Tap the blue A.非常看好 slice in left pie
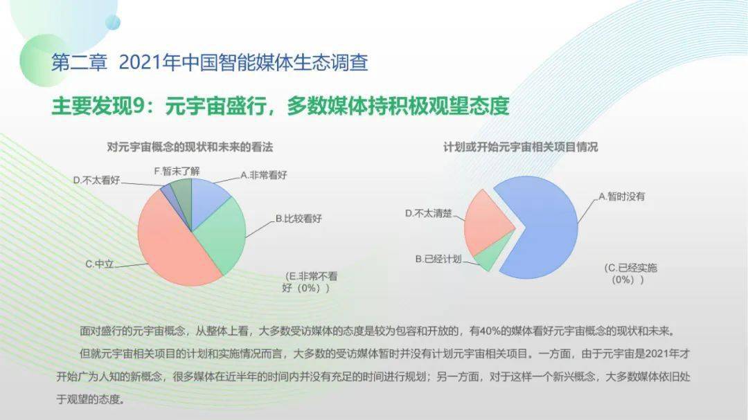(x=208, y=200)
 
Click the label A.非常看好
(x=264, y=175)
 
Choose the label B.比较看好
(x=299, y=219)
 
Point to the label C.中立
(x=99, y=264)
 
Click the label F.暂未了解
(x=177, y=171)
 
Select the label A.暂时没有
(x=621, y=197)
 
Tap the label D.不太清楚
(x=429, y=213)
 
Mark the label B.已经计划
(x=438, y=259)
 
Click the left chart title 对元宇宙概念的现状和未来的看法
(x=190, y=147)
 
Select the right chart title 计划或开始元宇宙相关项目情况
(x=520, y=147)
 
